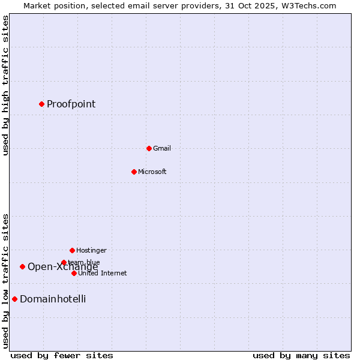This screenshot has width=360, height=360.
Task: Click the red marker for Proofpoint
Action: pyautogui.click(x=41, y=104)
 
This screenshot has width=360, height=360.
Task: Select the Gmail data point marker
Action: pyautogui.click(x=149, y=148)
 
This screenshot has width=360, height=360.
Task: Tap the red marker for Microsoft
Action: pyautogui.click(x=134, y=172)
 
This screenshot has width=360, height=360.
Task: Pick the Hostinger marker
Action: pyautogui.click(x=72, y=250)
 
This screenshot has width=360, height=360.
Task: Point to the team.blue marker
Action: pyautogui.click(x=64, y=262)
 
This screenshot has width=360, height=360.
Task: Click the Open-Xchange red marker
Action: pyautogui.click(x=22, y=266)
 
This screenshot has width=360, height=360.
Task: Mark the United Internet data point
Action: pyautogui.click(x=74, y=273)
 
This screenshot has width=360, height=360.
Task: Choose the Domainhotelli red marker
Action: pyautogui.click(x=14, y=299)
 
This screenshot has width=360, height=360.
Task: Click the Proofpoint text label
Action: pyautogui.click(x=71, y=104)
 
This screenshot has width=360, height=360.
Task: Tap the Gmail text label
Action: pyautogui.click(x=162, y=148)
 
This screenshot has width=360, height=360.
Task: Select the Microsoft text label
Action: pyautogui.click(x=152, y=172)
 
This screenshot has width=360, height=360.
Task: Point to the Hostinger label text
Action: pyautogui.click(x=91, y=250)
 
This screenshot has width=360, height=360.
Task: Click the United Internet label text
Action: pyautogui.click(x=103, y=273)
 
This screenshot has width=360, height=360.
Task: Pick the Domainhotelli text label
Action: pyautogui.click(x=53, y=299)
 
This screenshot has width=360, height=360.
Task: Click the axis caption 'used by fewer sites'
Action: pyautogui.click(x=62, y=355)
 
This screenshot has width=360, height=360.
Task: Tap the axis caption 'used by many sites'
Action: pyautogui.click(x=301, y=355)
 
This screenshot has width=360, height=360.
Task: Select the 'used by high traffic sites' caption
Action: pyautogui.click(x=5, y=86)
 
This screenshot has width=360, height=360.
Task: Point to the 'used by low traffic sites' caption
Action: pyautogui.click(x=5, y=281)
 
